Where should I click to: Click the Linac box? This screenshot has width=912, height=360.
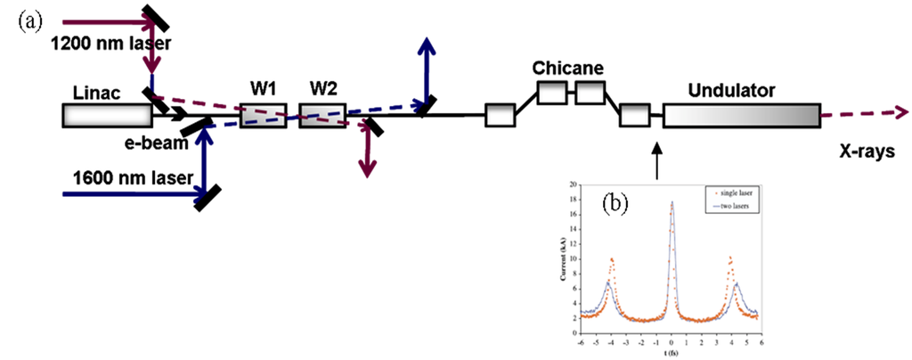pyautogui.click(x=106, y=115)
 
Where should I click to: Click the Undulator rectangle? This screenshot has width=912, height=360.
pyautogui.click(x=741, y=115)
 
